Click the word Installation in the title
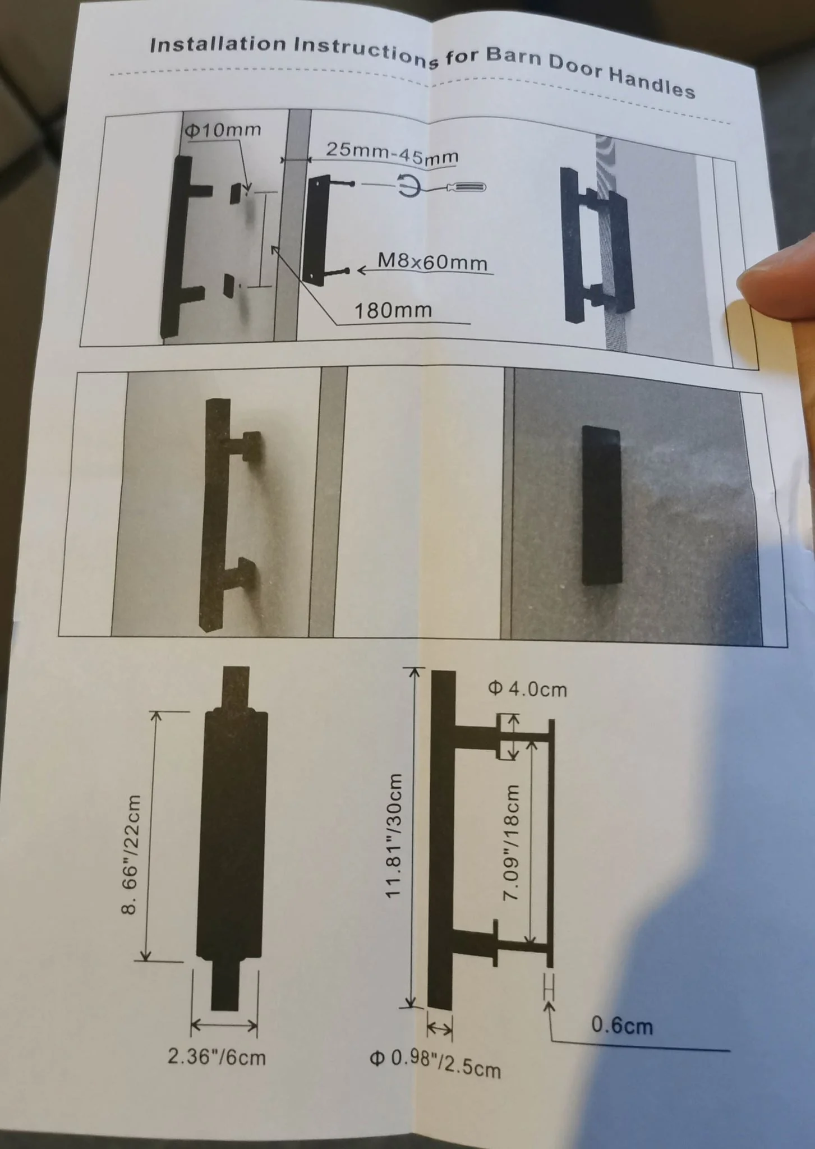[218, 44]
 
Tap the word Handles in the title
[652, 82]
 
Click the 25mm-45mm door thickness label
[392, 153]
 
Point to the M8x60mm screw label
[432, 261]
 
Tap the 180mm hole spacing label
[393, 310]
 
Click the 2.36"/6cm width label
[217, 1057]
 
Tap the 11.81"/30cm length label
[394, 835]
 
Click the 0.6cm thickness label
[623, 1026]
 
